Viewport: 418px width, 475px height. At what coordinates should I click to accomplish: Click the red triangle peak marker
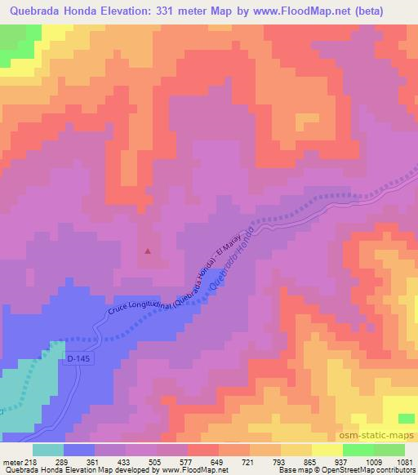(x=148, y=251)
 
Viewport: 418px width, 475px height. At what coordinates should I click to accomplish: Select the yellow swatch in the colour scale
(x=327, y=450)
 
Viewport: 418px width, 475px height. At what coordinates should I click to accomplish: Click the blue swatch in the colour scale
(x=79, y=450)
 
